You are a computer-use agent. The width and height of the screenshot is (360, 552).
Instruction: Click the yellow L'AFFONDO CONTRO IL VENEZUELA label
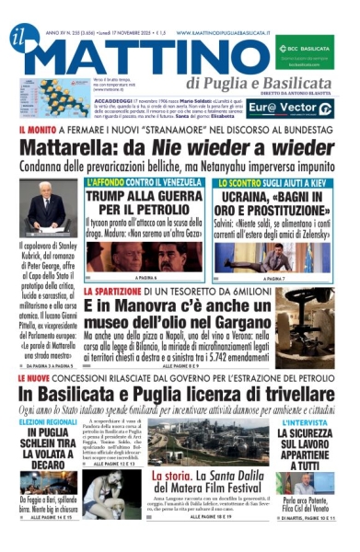coord(133,183)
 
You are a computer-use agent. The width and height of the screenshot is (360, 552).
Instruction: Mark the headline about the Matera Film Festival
coord(210,502)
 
